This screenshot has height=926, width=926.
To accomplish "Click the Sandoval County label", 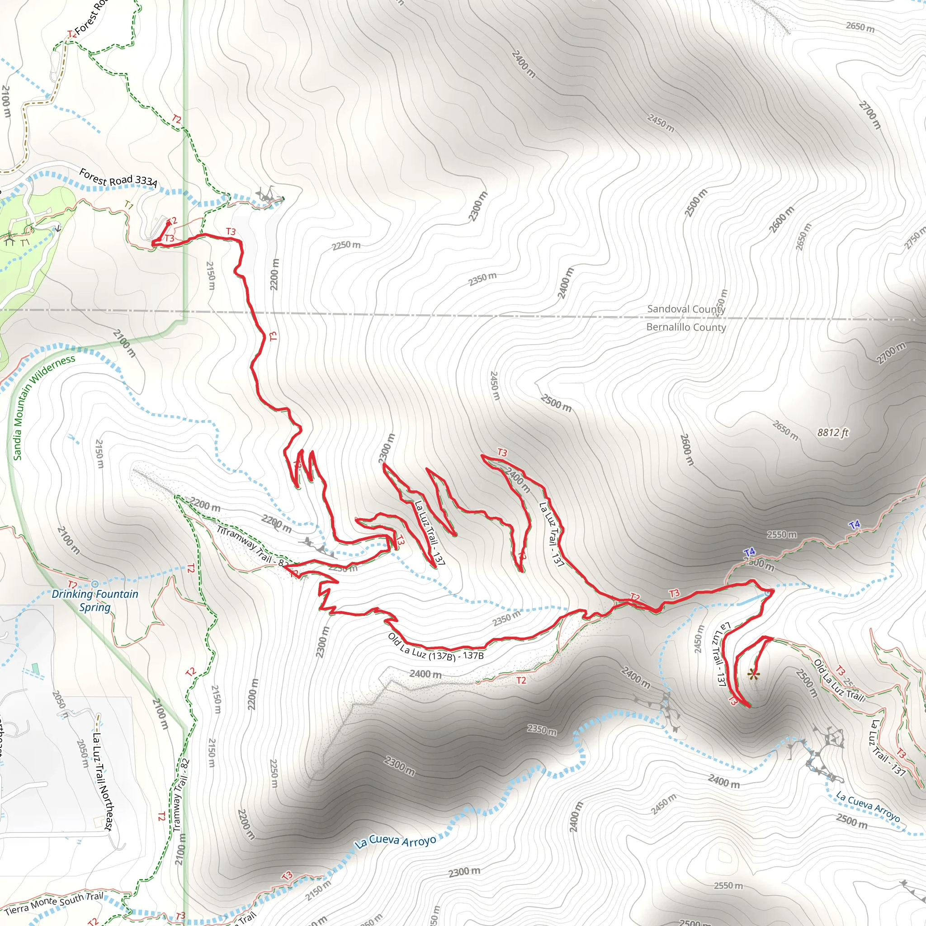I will [686, 309].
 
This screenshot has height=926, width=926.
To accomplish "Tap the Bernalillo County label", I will [686, 327].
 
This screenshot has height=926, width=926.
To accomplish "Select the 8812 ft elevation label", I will [832, 432].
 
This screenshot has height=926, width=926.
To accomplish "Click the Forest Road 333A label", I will [118, 177].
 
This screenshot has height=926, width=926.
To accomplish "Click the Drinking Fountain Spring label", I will [95, 600].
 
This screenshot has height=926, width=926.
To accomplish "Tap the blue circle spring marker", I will [95, 584].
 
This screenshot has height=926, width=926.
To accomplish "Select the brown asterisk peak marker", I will [753, 676].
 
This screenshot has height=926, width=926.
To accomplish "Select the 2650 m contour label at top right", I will [860, 27].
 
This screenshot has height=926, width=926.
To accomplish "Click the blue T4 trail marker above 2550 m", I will [854, 525].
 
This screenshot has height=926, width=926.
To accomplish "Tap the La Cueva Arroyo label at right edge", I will [868, 806].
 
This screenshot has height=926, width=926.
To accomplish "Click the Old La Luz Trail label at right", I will [839, 681].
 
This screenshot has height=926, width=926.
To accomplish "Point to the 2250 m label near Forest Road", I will [346, 246].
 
